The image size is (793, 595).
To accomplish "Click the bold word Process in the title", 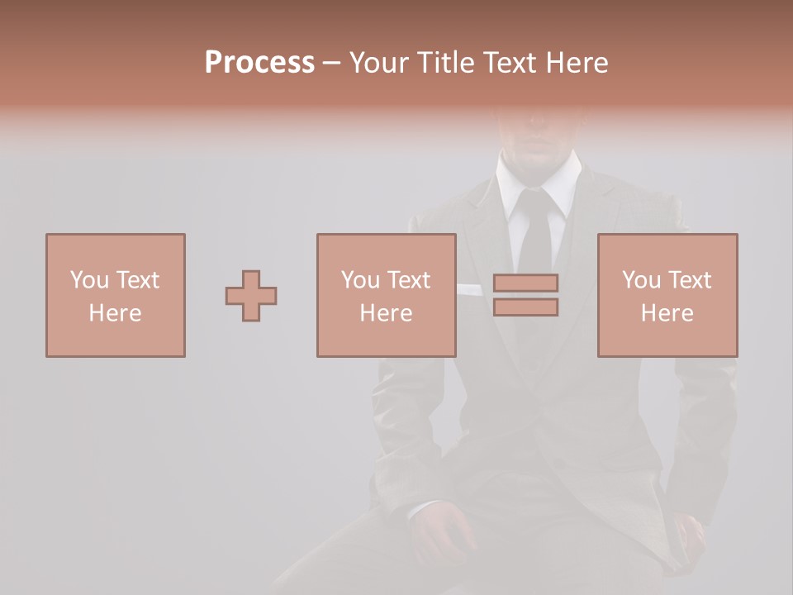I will (259, 63).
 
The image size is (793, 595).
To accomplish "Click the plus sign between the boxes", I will (251, 296).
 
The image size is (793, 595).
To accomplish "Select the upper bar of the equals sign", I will (525, 283).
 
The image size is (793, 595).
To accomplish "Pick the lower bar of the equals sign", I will (525, 307).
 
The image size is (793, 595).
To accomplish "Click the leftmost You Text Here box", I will (115, 295).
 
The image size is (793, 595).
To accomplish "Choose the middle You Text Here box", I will (386, 295).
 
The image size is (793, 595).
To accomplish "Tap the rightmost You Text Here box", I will (667, 295).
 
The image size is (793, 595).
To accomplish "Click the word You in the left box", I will (88, 280).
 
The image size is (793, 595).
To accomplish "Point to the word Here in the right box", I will (667, 313).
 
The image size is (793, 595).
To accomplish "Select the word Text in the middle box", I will (408, 280).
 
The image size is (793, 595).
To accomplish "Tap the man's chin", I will (539, 155).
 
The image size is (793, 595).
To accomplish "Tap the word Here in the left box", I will (115, 313).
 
